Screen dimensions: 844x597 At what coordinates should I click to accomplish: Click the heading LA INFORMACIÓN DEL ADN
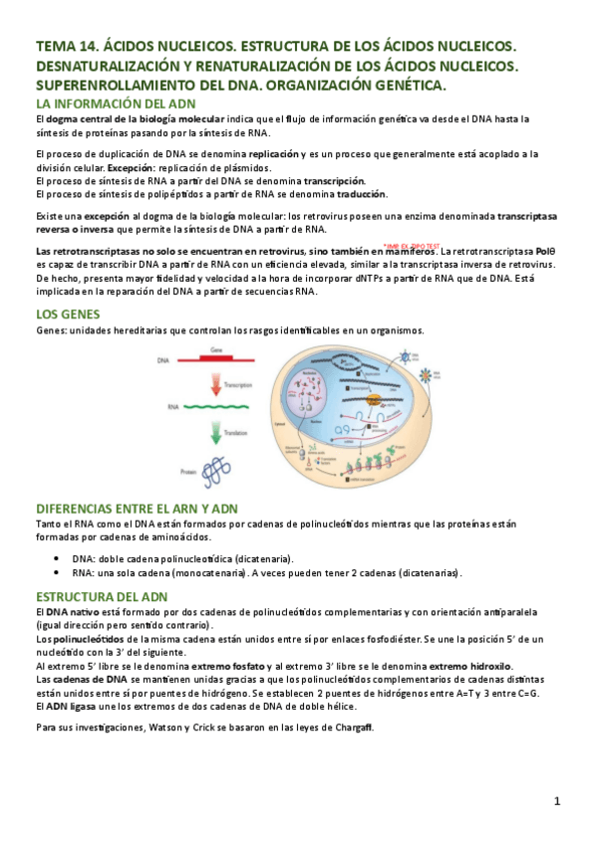(116, 104)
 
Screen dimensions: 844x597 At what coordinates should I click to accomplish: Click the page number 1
(558, 800)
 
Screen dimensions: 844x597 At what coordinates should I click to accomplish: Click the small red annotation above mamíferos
(411, 245)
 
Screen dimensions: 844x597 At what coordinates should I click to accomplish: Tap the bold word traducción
(357, 194)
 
